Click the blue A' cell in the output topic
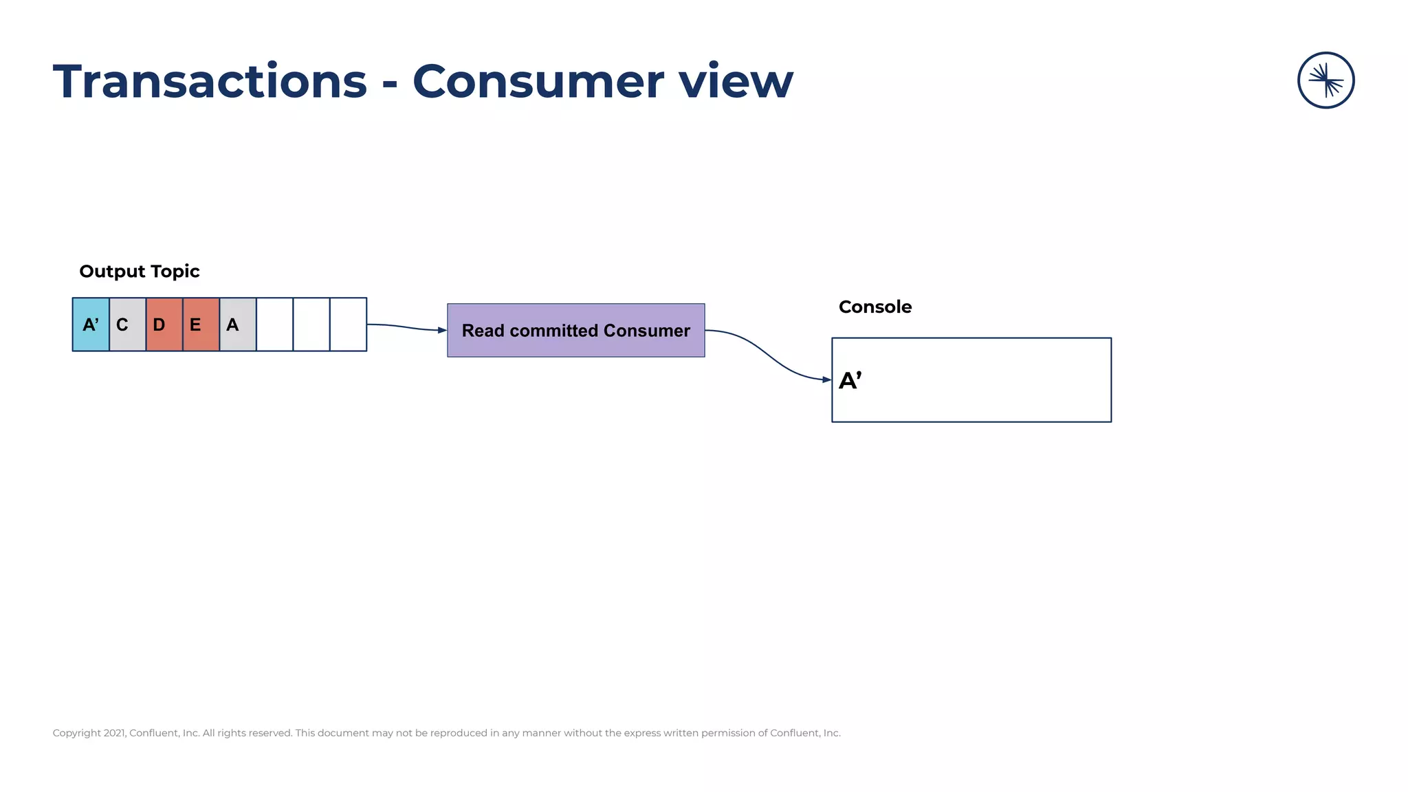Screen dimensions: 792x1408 [91, 324]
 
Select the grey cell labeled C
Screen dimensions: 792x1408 [127, 324]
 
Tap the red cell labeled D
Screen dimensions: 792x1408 [164, 324]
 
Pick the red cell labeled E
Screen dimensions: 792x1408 [201, 324]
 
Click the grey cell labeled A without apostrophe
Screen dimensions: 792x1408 [238, 324]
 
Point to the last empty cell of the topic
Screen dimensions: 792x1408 [348, 324]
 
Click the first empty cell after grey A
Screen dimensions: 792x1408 [274, 324]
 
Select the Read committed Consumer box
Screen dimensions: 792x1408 [575, 330]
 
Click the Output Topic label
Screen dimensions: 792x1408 [140, 272]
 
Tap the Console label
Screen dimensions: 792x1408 [874, 307]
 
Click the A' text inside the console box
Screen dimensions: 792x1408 [850, 380]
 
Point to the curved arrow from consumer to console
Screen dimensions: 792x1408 [767, 354]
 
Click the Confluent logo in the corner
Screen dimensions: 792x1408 [1325, 80]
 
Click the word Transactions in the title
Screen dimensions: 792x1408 [210, 82]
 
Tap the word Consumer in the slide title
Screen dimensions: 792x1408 [538, 82]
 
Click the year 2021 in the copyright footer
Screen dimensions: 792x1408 [114, 733]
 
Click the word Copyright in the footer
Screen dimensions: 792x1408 [76, 733]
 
